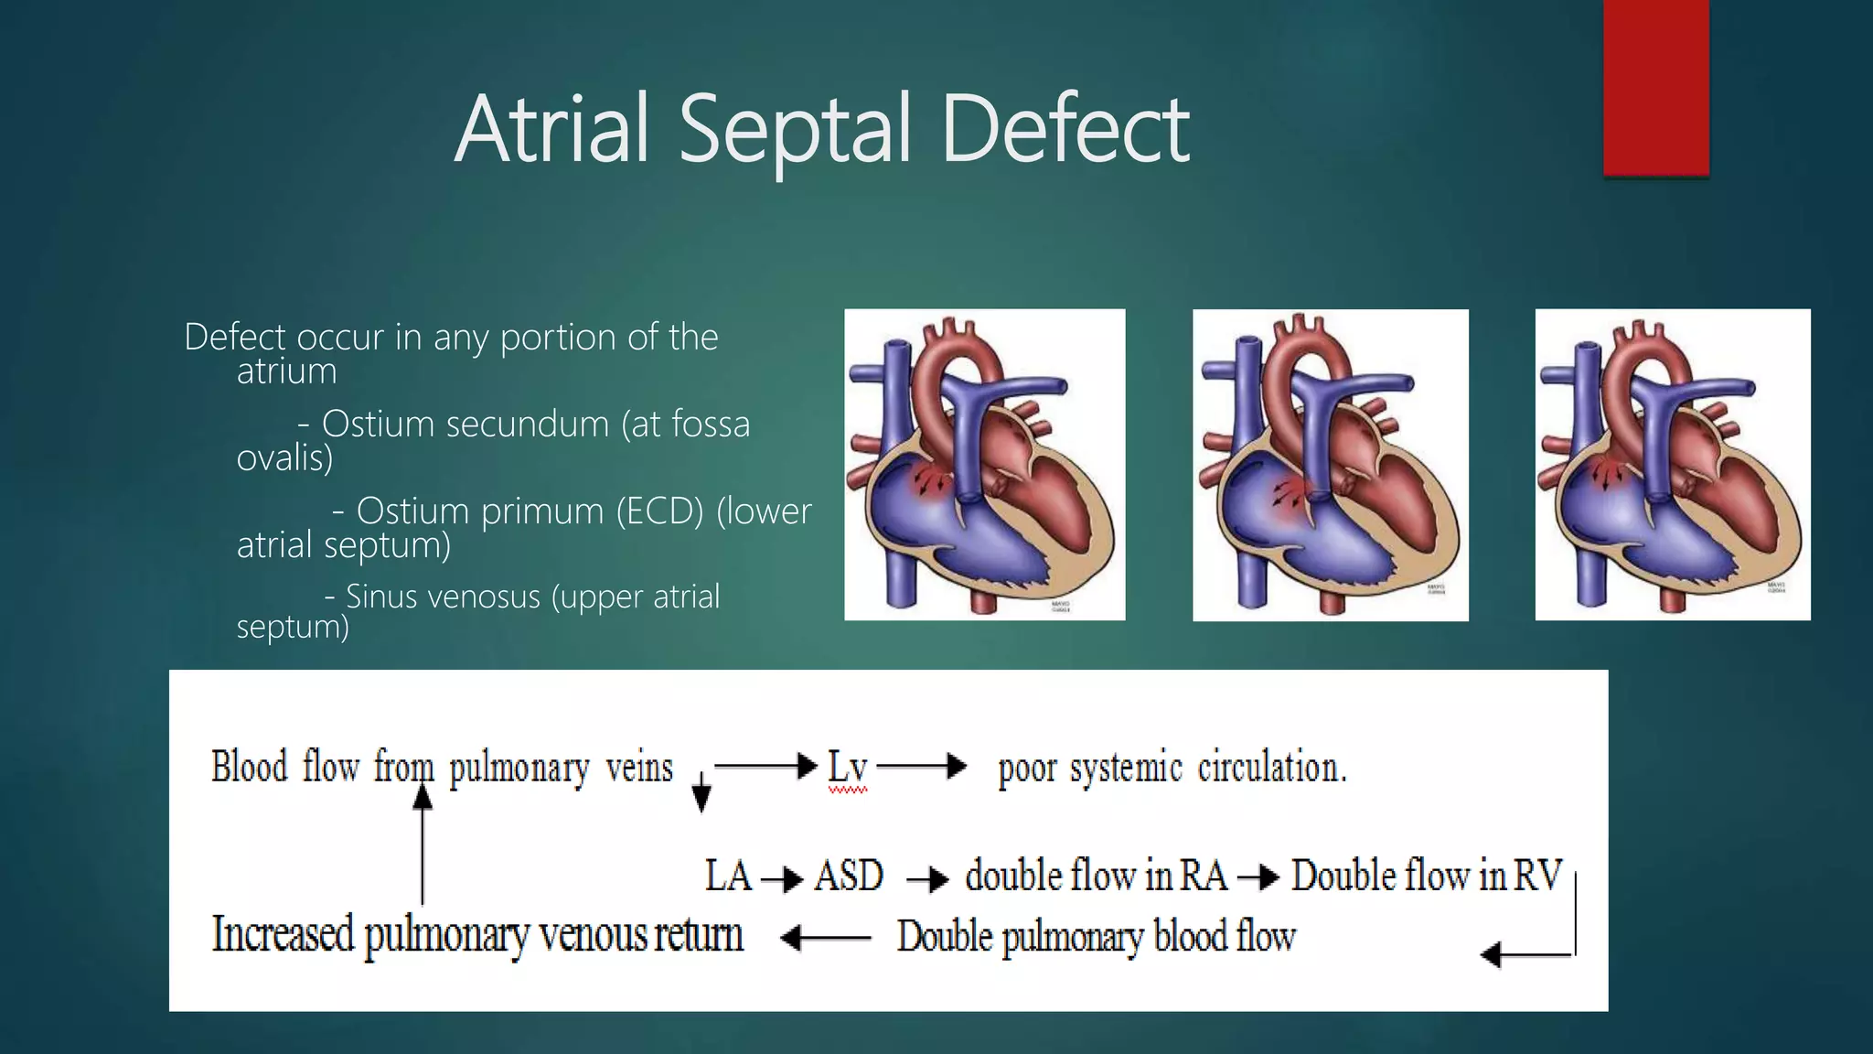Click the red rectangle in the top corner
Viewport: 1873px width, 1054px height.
coord(1655,87)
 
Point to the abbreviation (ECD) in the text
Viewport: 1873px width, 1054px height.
coord(659,511)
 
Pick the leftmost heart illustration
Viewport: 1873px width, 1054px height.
coord(984,465)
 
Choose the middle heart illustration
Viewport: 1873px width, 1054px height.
coord(1330,465)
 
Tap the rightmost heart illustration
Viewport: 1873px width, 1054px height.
coord(1672,465)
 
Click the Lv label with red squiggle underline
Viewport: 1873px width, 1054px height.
coord(847,767)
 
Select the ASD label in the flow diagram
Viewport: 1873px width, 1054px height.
coord(848,877)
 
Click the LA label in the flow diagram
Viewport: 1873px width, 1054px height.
coord(728,877)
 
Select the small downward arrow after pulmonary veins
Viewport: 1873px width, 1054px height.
coord(701,792)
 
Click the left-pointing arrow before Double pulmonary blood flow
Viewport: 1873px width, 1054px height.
coord(826,938)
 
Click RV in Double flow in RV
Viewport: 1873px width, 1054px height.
coord(1538,877)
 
